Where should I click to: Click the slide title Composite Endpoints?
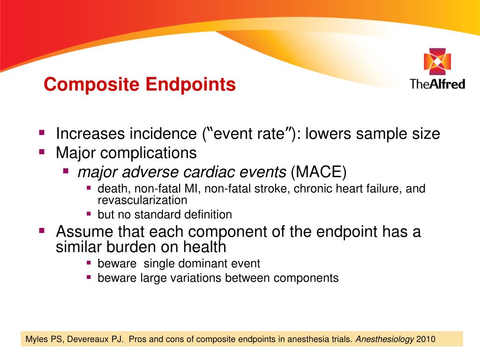tap(140, 85)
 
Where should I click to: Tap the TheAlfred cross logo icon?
tap(437, 64)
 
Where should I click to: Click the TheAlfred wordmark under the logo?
tap(437, 84)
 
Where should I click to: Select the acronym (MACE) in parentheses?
tap(318, 172)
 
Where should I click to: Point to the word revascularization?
tap(142, 200)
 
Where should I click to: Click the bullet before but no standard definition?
tap(89, 214)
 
